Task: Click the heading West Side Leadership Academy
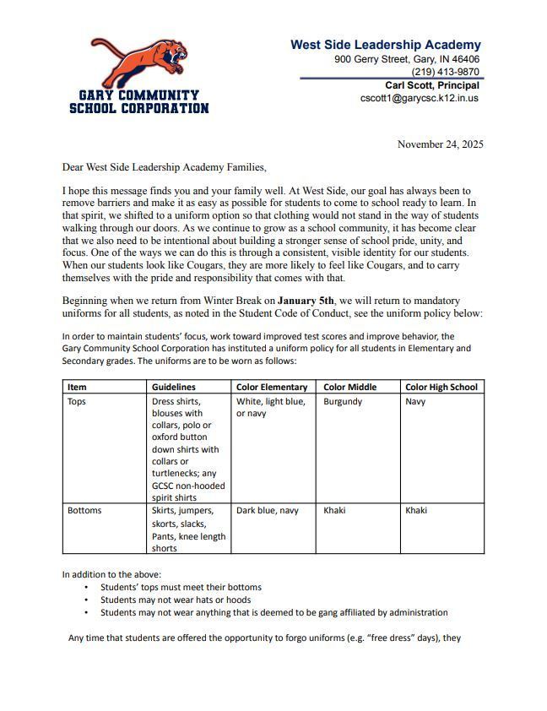[x=386, y=45]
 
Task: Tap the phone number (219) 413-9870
[x=446, y=73]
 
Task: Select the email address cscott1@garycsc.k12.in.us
[x=420, y=98]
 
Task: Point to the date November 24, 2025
[x=440, y=144]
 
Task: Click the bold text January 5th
[x=306, y=301]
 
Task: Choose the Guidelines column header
[x=174, y=387]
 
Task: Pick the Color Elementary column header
[x=272, y=387]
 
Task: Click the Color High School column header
[x=441, y=387]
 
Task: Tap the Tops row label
[x=77, y=402]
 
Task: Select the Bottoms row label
[x=84, y=511]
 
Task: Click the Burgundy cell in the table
[x=342, y=402]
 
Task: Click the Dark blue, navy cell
[x=268, y=511]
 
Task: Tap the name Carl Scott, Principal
[x=432, y=85]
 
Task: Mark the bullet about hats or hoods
[x=176, y=600]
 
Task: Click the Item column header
[x=77, y=387]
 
